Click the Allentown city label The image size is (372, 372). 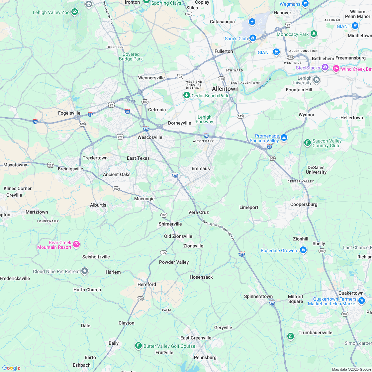[225, 89]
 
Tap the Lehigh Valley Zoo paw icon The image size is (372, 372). [75, 12]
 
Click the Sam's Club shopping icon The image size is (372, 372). [253, 39]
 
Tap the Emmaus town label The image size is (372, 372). [201, 168]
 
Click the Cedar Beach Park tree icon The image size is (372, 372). [187, 96]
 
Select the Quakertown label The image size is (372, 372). [351, 293]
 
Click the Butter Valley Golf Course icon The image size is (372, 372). [139, 346]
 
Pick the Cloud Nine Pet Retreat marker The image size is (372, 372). [85, 271]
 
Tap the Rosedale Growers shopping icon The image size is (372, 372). [303, 250]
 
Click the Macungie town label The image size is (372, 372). [144, 199]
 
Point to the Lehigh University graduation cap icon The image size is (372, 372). [317, 80]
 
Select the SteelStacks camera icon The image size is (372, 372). [325, 68]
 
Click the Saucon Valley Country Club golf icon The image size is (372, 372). [308, 143]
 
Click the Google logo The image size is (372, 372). [11, 368]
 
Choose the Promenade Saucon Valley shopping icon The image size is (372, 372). [284, 138]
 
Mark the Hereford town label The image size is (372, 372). [146, 284]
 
